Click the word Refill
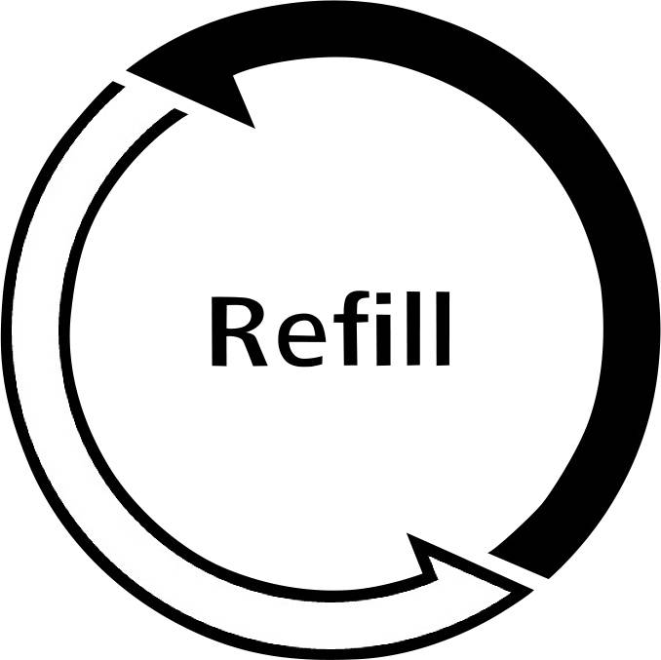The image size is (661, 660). (330, 329)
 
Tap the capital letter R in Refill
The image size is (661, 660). (239, 331)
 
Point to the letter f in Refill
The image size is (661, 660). (352, 328)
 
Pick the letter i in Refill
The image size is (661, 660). (383, 329)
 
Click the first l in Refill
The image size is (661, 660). (413, 329)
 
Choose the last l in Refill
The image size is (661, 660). (443, 329)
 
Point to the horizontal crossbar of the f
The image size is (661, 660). (352, 319)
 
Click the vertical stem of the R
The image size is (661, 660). (218, 331)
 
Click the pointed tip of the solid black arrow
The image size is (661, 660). (127, 70)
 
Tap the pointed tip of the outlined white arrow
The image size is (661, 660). (533, 590)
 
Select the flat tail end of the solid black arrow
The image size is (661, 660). (520, 565)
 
